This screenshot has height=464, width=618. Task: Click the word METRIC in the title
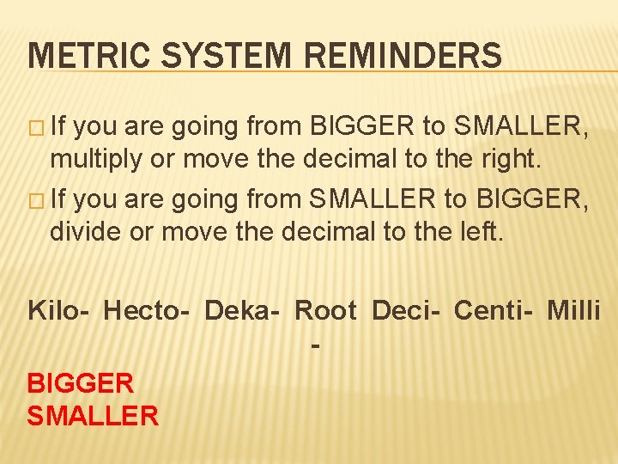(77, 58)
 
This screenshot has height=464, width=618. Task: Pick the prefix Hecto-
(147, 309)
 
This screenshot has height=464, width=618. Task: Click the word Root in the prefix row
(325, 309)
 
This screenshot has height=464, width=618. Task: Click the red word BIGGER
(81, 382)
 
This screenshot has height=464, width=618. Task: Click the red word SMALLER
(93, 416)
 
